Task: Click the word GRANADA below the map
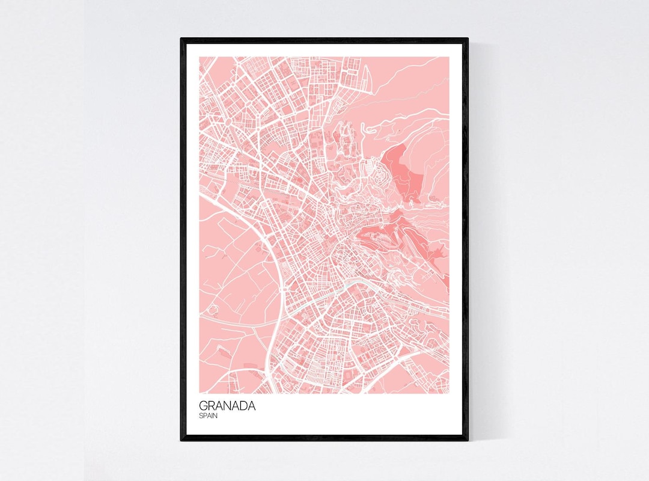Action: pos(227,406)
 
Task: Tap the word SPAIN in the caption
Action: pos(208,415)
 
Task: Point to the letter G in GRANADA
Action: pos(203,406)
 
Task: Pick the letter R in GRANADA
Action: pos(212,406)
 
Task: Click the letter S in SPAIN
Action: pos(201,415)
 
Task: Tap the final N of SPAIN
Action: pos(216,415)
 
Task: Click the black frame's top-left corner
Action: pos(181,39)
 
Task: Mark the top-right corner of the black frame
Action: pos(468,39)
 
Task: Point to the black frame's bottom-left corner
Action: pos(181,440)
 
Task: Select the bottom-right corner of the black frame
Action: pos(468,440)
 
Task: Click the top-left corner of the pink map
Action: pos(200,57)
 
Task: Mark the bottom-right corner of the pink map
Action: pos(449,393)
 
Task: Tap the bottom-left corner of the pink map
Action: pos(200,393)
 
